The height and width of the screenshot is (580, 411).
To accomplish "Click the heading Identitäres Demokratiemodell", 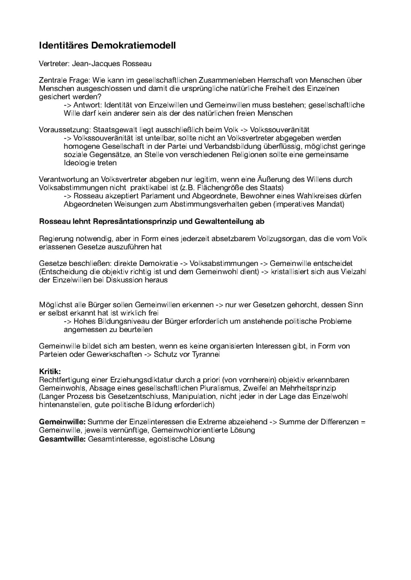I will (107, 46).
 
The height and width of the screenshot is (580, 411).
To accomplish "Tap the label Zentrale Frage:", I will (64, 80).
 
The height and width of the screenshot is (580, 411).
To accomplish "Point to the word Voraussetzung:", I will (65, 130).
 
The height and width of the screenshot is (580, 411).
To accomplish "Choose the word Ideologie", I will (79, 163).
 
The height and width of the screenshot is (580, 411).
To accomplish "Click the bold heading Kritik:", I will (50, 371).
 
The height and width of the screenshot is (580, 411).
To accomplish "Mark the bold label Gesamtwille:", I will (62, 439).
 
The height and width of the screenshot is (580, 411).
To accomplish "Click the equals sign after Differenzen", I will (363, 422).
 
